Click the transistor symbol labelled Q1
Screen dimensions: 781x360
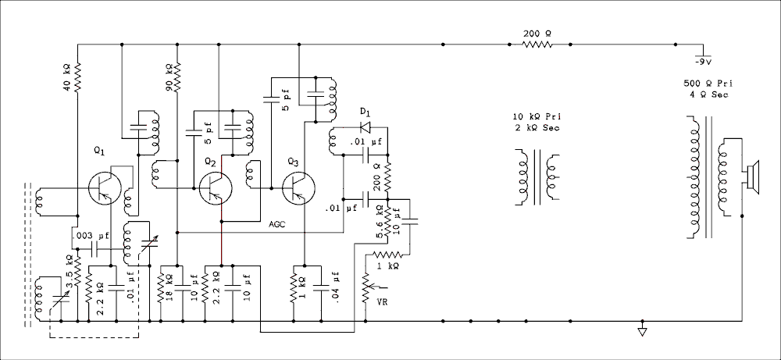click(105, 188)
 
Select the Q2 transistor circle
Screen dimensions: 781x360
click(216, 188)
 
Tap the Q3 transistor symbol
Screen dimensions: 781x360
click(298, 188)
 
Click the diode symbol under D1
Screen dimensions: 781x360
click(366, 127)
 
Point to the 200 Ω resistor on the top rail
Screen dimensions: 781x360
click(537, 45)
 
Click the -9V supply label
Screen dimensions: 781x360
click(703, 62)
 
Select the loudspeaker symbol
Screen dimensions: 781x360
click(753, 177)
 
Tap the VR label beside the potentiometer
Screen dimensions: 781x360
click(383, 301)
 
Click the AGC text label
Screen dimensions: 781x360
click(277, 225)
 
